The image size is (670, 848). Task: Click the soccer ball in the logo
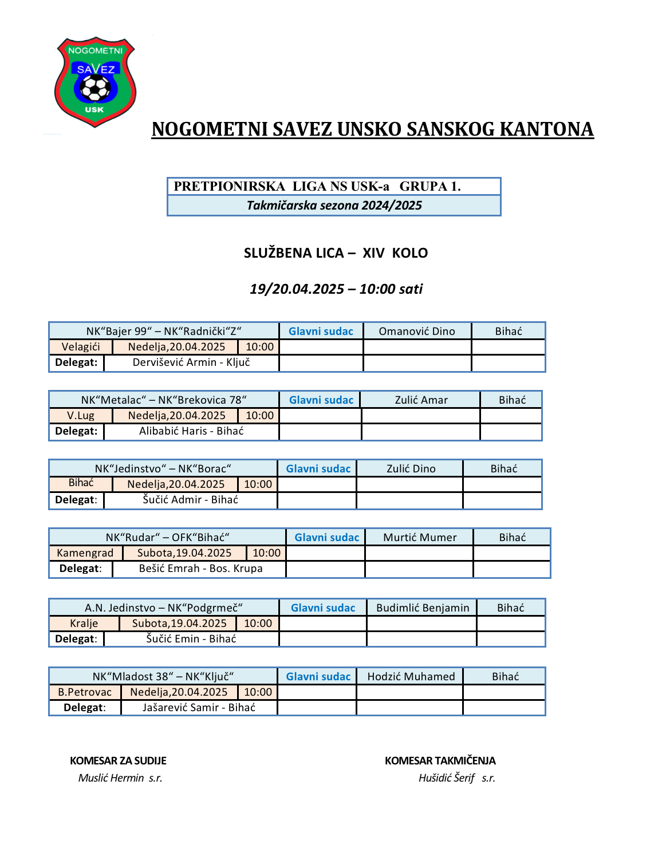coord(95,88)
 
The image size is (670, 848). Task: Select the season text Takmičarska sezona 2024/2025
coord(334,206)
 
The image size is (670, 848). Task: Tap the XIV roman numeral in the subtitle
coord(373,253)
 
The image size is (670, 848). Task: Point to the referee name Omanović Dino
coord(417,332)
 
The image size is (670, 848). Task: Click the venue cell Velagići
coord(81,347)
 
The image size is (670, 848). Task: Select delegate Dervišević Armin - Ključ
coord(191,362)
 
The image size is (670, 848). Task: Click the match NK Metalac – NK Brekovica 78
coord(164,400)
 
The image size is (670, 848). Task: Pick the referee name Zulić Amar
coord(421,400)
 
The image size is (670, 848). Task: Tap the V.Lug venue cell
coord(81,416)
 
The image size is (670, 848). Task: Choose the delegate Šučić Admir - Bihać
coord(190,500)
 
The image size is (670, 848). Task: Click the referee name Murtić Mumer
coord(420,538)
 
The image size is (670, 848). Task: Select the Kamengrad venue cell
coord(85,553)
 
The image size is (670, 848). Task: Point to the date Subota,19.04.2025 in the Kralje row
coord(179,624)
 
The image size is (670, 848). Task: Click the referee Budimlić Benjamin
coord(423,608)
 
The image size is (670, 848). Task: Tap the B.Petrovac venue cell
coord(85,692)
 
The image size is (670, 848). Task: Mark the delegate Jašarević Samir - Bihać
coord(199,708)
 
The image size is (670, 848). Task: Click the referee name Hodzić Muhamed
coord(411,677)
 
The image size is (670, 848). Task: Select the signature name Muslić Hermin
coord(111,778)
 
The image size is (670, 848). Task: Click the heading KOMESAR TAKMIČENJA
coord(440,761)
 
